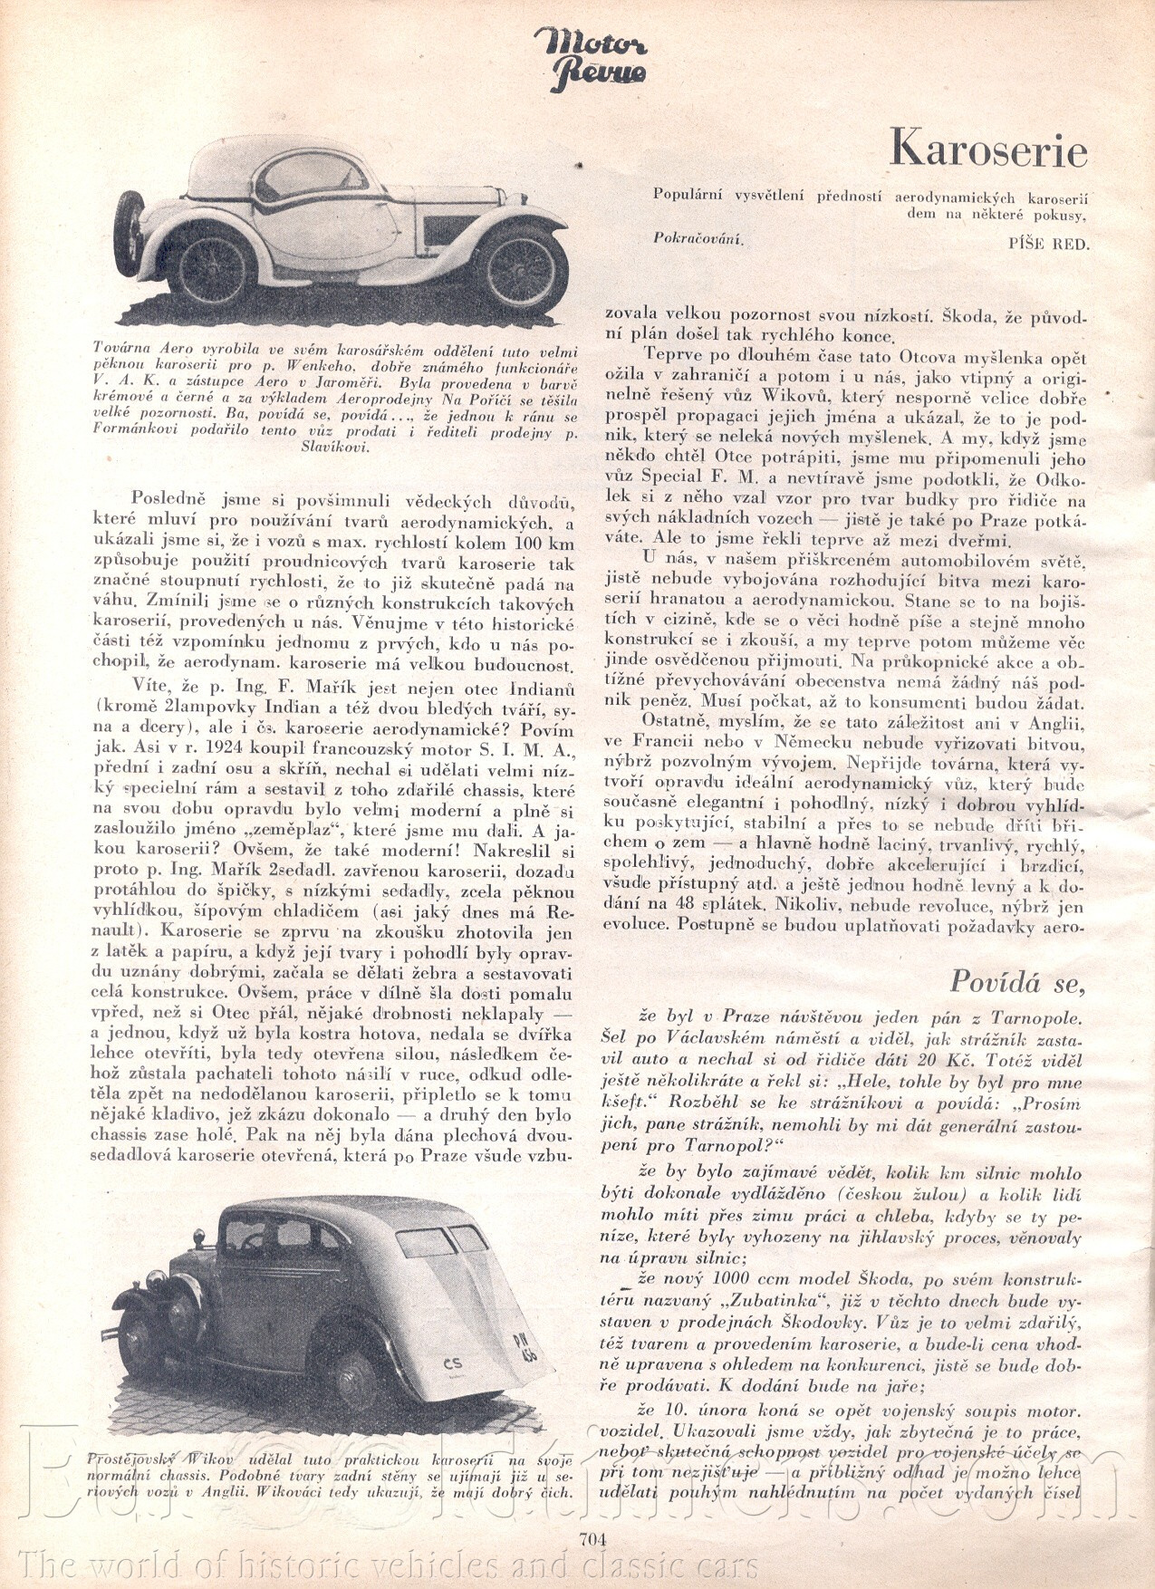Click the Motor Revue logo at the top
(x=590, y=60)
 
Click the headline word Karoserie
(x=987, y=148)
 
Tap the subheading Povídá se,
(x=1016, y=980)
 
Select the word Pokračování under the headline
(x=698, y=238)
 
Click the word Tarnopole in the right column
(x=1034, y=1017)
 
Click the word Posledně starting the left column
(x=169, y=499)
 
